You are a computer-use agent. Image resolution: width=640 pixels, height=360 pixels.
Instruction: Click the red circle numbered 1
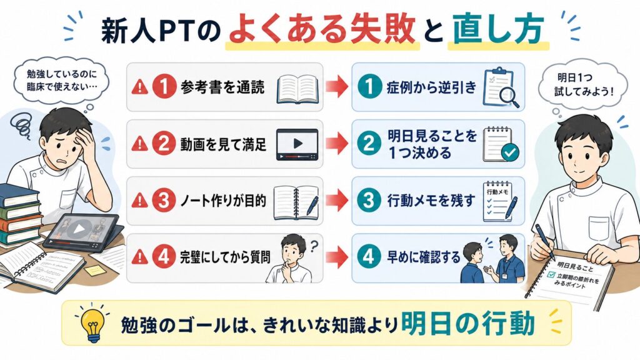(x=164, y=87)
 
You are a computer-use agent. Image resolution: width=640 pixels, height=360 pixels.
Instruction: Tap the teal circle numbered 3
(x=369, y=201)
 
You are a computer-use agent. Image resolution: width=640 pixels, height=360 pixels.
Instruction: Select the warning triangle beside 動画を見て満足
(x=139, y=144)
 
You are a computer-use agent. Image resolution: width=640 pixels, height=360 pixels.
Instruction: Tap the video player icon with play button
(x=297, y=144)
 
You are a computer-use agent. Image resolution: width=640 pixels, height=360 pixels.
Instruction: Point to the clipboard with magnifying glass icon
(x=501, y=87)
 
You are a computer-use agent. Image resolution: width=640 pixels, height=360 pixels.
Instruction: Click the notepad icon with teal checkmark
(x=501, y=144)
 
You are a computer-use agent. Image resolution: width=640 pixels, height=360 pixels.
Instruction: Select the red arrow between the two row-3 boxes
(x=337, y=201)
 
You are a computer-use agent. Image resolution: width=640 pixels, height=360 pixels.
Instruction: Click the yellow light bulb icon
(x=94, y=324)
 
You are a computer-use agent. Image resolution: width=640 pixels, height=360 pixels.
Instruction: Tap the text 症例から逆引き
(x=432, y=87)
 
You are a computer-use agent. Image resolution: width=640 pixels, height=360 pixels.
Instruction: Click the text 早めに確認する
(x=424, y=257)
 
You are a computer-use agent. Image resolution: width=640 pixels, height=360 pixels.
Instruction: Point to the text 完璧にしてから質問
(x=225, y=257)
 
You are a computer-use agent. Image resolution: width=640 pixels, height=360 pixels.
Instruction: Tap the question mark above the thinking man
(x=314, y=246)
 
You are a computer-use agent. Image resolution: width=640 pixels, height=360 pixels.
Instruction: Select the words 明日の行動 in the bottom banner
(x=467, y=323)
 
